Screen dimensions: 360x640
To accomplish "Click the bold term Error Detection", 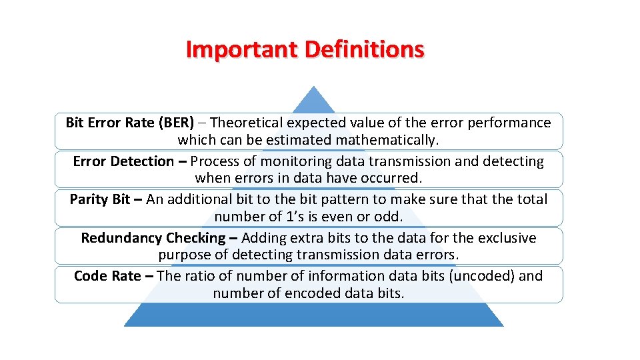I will click(x=123, y=161).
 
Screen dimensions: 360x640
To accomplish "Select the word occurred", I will click(x=393, y=179).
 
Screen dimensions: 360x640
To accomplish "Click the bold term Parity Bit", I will click(x=100, y=199).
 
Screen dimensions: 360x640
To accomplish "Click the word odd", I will click(x=390, y=217).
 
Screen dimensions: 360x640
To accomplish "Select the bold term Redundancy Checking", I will click(x=153, y=238).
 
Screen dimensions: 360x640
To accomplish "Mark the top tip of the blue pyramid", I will click(x=313, y=87).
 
